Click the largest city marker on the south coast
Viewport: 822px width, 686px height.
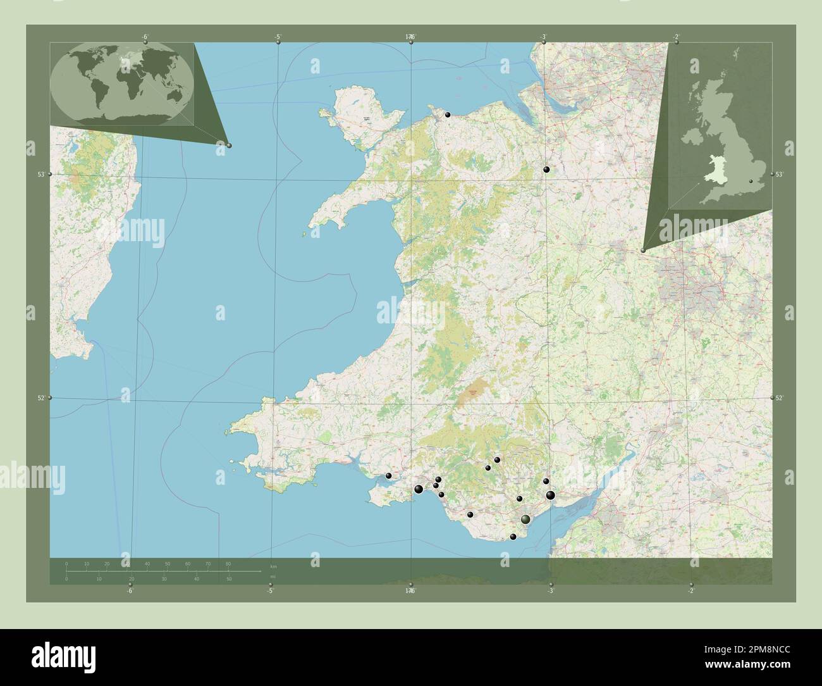(525, 520)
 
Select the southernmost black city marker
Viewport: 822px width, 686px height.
(513, 537)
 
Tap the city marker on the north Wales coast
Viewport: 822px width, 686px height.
(448, 115)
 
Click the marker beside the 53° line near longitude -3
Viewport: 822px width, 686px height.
(546, 170)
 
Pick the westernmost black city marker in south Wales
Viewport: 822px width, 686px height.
(389, 476)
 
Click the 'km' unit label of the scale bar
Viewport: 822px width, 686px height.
(273, 566)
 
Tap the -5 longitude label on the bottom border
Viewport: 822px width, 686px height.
(269, 592)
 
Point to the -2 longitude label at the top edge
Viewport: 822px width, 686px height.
(676, 37)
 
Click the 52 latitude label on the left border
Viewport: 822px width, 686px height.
(40, 397)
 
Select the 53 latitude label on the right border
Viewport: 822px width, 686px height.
(779, 174)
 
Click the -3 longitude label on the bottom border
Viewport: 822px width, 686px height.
(550, 592)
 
